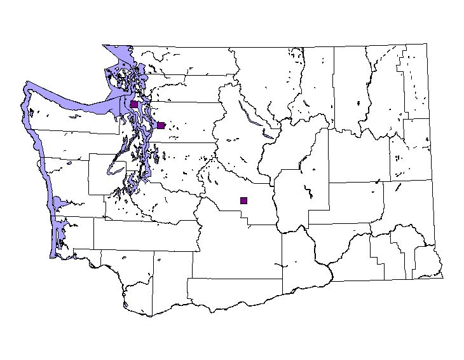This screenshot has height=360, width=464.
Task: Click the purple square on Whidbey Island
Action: pyautogui.click(x=134, y=104)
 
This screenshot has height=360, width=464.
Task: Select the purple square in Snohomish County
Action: pyautogui.click(x=161, y=125)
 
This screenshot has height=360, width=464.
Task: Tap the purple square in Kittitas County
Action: pyautogui.click(x=243, y=200)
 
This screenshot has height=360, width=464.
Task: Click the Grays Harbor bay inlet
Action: pyautogui.click(x=58, y=203)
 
